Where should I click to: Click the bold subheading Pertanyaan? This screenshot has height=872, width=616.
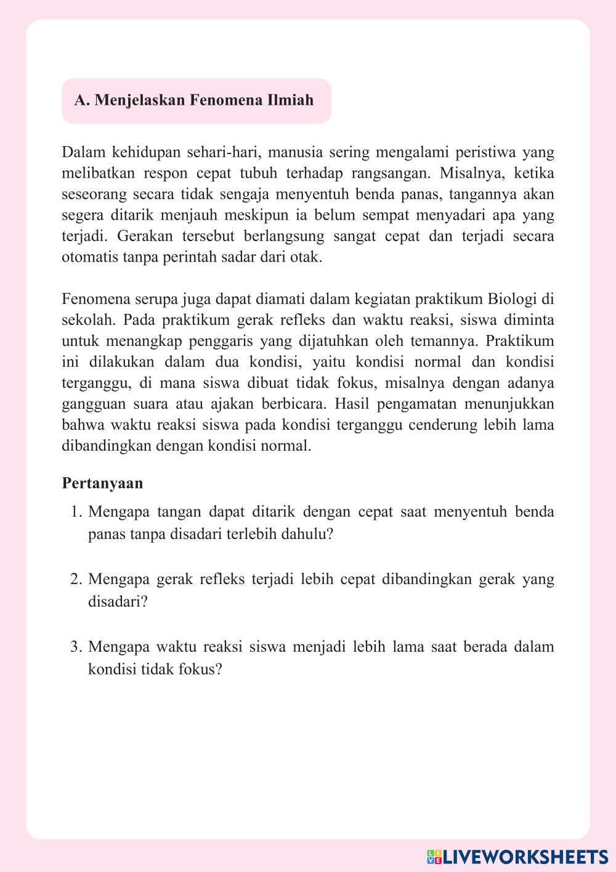(102, 483)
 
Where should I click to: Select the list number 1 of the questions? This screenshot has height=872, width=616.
(76, 512)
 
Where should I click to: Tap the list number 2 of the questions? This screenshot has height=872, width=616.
(76, 579)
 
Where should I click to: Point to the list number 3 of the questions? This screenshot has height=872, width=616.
(76, 647)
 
